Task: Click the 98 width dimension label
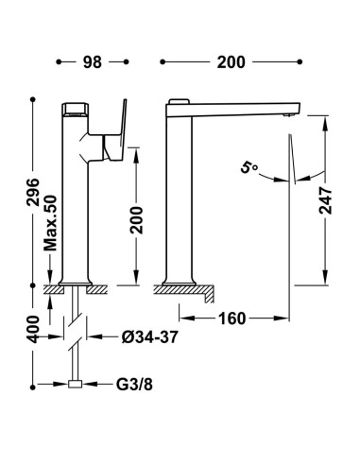(93, 62)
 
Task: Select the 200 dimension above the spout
(231, 62)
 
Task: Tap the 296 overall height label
(33, 192)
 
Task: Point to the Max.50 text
(50, 223)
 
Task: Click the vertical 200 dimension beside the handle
(136, 220)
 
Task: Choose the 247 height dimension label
(325, 200)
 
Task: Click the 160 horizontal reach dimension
(231, 319)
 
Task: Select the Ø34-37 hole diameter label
(150, 337)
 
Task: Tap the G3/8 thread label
(134, 385)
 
